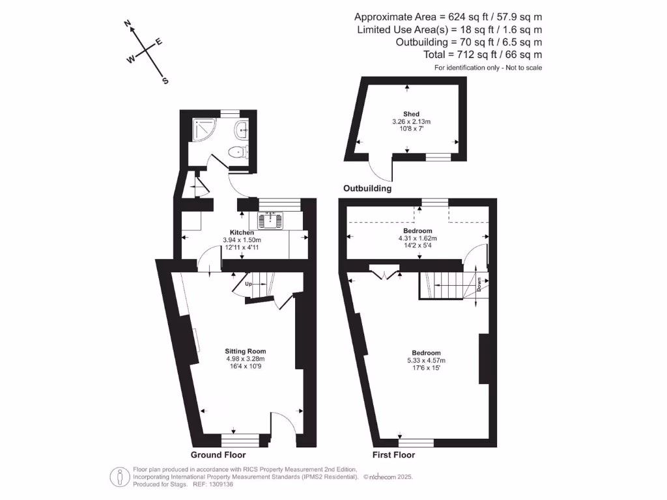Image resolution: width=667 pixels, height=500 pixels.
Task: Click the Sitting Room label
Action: click(x=245, y=352)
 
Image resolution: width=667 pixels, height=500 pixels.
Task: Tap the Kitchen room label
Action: click(x=242, y=232)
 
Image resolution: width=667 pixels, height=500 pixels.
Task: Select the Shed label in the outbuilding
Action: click(x=411, y=114)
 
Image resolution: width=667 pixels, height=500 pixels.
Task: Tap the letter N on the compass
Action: click(x=128, y=25)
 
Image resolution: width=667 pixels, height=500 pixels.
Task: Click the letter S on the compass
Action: click(x=165, y=81)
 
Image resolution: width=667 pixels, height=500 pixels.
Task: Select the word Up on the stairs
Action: click(x=248, y=284)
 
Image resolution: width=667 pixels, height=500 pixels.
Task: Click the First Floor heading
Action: click(x=393, y=454)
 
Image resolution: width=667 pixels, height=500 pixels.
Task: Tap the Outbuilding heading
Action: click(x=367, y=189)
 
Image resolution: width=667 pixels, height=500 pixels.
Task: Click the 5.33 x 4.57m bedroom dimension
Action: click(x=426, y=360)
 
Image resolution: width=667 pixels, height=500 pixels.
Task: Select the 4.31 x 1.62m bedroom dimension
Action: click(x=417, y=239)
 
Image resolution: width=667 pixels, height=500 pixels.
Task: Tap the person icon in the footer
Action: click(x=119, y=477)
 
